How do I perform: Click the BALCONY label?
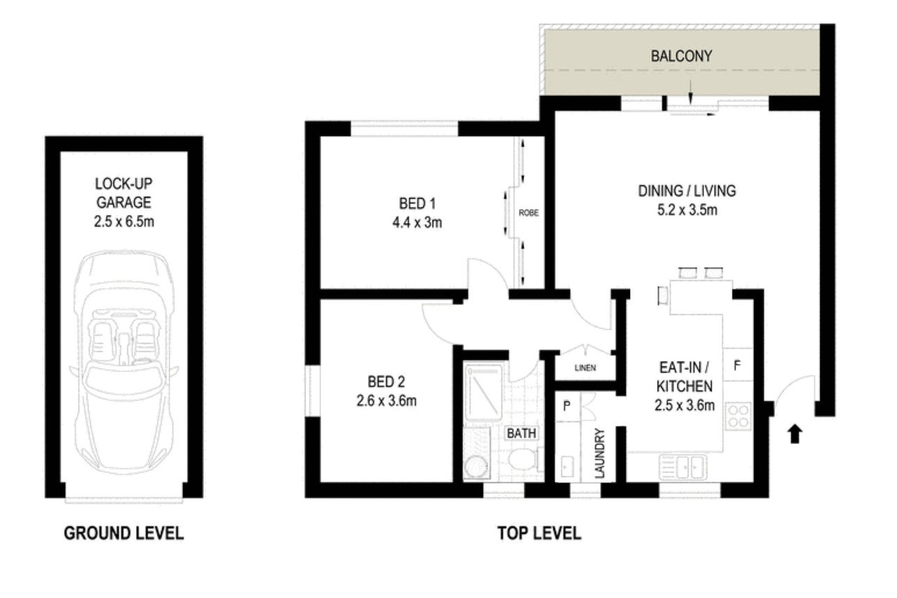pos(681,56)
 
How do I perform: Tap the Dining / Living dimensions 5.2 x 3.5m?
pos(687,210)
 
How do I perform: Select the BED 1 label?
pos(417,203)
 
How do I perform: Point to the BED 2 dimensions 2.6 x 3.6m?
pos(386,401)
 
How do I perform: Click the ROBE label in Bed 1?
pos(529,213)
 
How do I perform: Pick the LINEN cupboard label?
pos(585,368)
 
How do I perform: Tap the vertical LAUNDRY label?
pos(600,454)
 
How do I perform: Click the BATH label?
pos(521,433)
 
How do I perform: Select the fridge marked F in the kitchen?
pos(737,365)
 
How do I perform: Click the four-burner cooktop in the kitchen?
pos(738,415)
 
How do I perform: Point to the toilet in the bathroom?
pos(522,460)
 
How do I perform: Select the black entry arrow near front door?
pos(794,434)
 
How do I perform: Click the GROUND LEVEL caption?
pos(123,533)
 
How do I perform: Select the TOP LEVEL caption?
pos(539,533)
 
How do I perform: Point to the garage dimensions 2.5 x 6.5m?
pos(124,222)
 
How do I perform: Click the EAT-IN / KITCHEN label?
pos(684,377)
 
